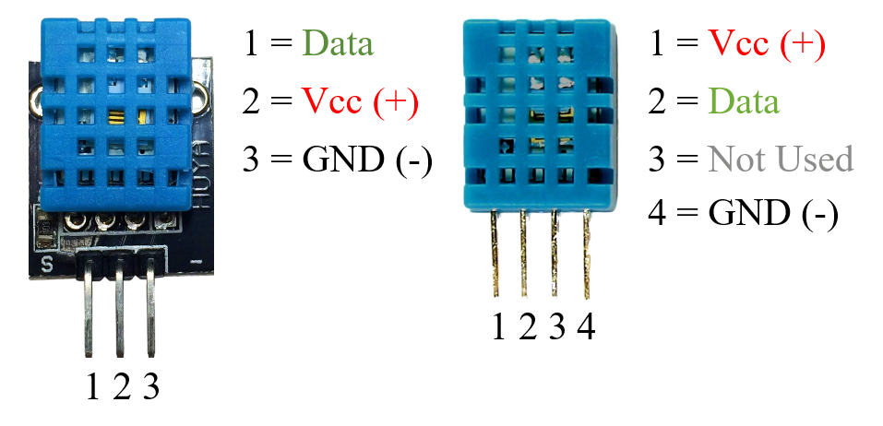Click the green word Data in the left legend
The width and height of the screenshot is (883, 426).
click(x=337, y=44)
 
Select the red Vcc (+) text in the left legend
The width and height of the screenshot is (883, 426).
click(x=360, y=102)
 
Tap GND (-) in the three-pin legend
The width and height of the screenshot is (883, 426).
click(x=367, y=160)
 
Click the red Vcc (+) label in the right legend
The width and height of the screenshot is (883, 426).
click(x=766, y=44)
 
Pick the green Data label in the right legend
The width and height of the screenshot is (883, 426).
click(x=744, y=101)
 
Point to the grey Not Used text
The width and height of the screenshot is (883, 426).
click(x=781, y=160)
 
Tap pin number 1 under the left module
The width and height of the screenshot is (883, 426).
click(x=92, y=388)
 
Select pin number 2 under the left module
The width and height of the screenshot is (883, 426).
click(x=121, y=388)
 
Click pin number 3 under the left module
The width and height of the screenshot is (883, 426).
click(x=150, y=388)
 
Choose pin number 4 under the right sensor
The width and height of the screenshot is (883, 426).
click(x=585, y=327)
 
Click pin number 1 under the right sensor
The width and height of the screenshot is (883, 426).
click(x=498, y=327)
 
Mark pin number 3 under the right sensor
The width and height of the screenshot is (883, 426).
click(x=556, y=327)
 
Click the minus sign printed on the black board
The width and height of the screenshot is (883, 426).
click(x=195, y=264)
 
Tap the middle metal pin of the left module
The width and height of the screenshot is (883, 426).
click(x=119, y=314)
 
